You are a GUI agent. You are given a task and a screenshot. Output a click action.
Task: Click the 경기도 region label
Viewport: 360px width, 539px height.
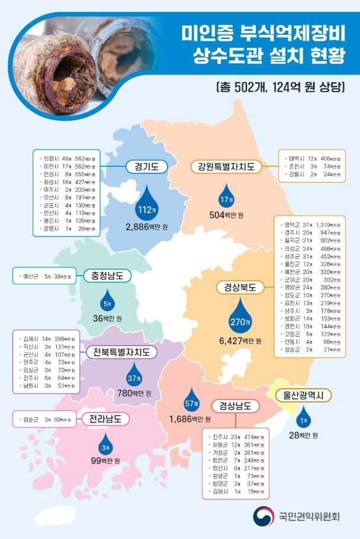(x=146, y=167)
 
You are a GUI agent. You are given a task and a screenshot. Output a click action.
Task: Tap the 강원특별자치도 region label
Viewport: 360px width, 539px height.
(x=226, y=167)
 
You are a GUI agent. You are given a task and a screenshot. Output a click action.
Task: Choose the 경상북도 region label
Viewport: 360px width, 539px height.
(x=240, y=288)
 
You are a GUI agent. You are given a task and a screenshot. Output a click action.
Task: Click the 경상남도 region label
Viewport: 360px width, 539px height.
(x=235, y=406)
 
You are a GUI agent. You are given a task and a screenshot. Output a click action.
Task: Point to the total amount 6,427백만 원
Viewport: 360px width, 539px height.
(x=240, y=341)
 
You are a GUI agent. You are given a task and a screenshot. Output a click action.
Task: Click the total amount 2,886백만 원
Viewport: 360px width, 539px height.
(x=147, y=227)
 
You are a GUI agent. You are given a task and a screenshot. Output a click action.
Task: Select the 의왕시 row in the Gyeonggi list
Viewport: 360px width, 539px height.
(x=65, y=158)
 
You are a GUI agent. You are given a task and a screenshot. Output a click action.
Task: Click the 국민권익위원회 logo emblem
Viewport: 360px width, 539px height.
(x=263, y=517)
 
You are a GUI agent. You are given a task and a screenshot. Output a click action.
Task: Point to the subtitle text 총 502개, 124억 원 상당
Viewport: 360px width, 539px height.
(x=279, y=87)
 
